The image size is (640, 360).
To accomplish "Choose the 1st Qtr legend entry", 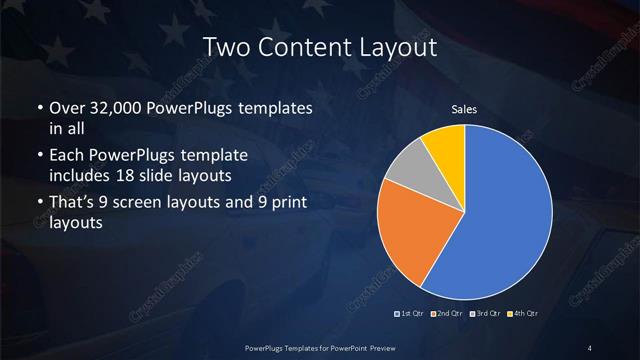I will (x=411, y=314).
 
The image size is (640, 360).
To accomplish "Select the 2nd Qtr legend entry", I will (x=447, y=314).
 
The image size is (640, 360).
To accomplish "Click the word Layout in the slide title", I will (x=399, y=47).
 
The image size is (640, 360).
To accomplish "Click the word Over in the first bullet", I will (x=66, y=108).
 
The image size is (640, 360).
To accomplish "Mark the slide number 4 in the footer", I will (x=590, y=346).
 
